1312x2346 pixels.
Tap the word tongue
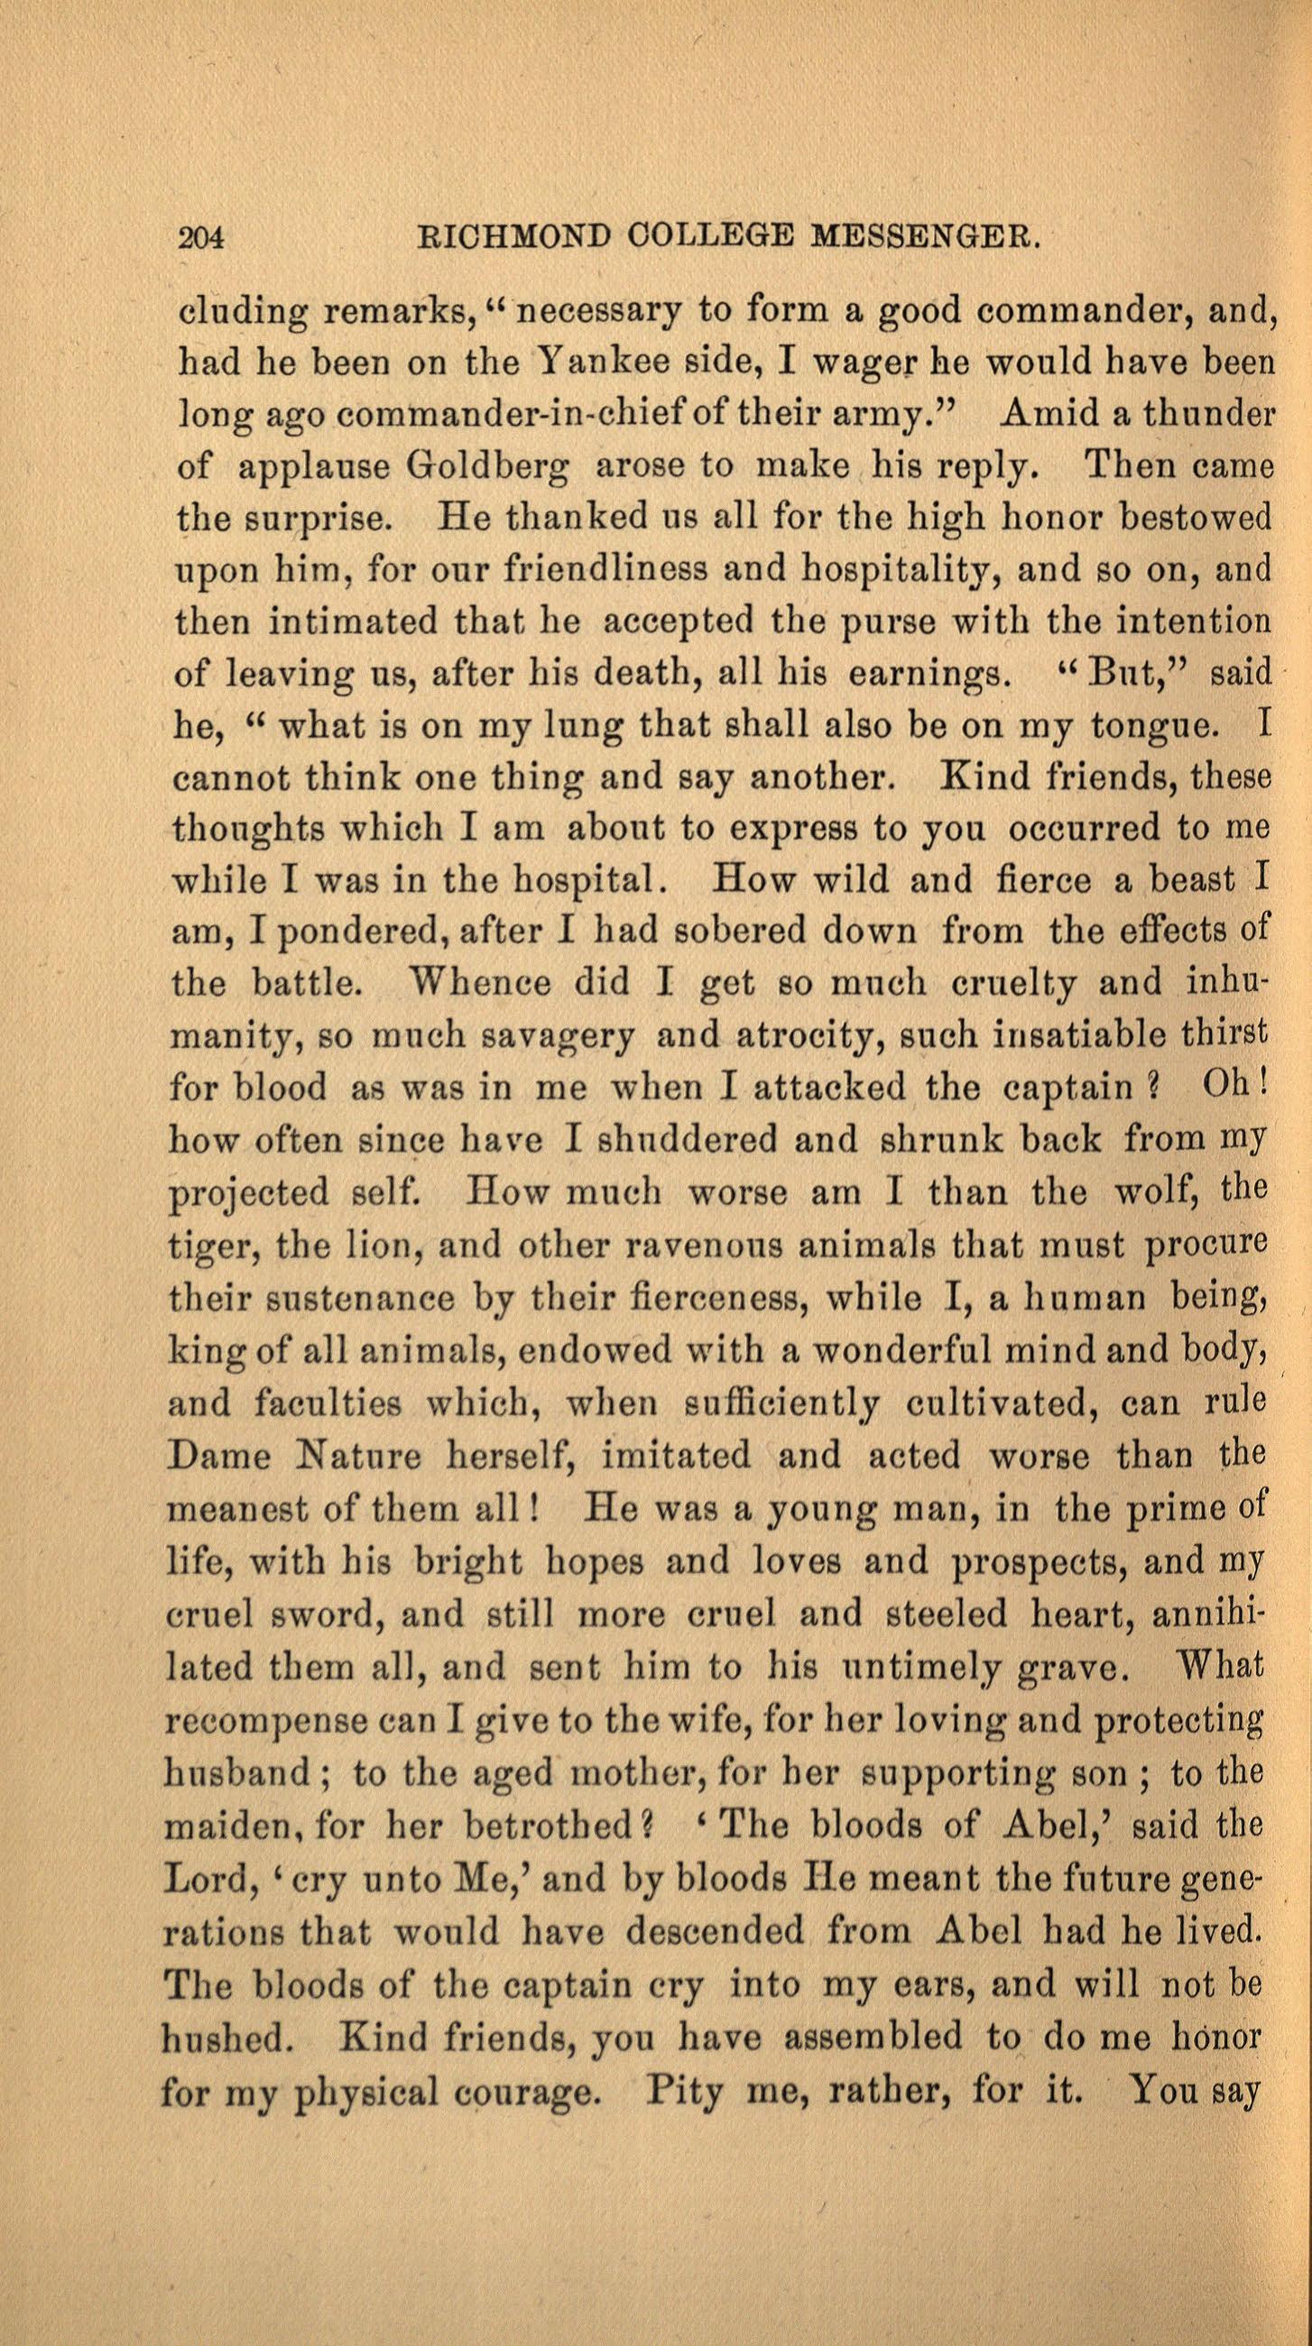pyautogui.click(x=1156, y=729)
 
